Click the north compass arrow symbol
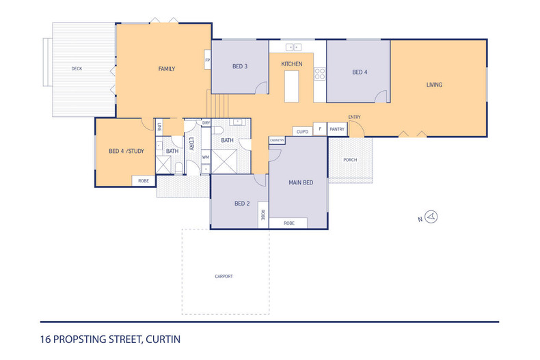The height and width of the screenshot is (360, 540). coord(431,217)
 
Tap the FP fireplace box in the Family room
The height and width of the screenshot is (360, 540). coord(207,60)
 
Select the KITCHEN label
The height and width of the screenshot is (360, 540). coord(292,64)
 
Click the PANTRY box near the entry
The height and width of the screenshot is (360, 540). coord(337,129)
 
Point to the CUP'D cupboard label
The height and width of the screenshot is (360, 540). coord(301,130)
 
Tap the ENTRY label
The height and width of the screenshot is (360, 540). coord(354,117)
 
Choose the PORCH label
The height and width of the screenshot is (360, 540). coord(350,160)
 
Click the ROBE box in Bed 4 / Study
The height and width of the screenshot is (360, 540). coord(144,181)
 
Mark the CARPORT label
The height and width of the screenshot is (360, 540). coord(224,276)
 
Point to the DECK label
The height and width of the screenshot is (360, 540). coord(77,69)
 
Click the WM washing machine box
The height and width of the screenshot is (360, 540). coord(205,157)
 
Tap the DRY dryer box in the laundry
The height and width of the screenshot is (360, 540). coord(206,123)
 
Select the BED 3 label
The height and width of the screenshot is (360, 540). coord(239,66)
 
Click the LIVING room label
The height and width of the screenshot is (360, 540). coord(434,85)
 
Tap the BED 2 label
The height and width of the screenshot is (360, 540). coord(241,204)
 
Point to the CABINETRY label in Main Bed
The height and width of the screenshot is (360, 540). coord(277,140)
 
